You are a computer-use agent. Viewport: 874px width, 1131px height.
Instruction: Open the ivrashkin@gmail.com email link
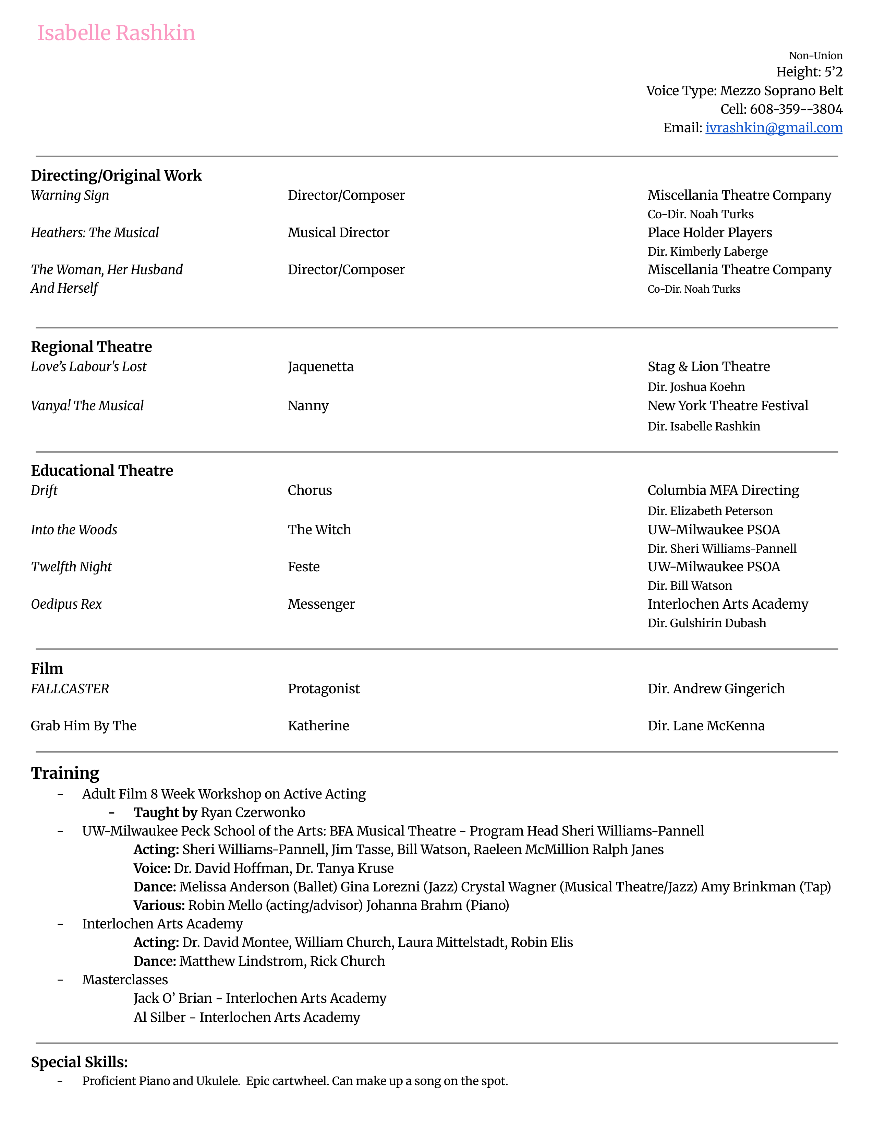tap(774, 128)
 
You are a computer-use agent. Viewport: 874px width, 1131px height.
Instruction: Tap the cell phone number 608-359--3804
tap(796, 109)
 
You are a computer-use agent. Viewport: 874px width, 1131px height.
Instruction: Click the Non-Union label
tap(815, 56)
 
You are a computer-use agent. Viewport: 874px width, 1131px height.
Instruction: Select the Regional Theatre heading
tap(91, 347)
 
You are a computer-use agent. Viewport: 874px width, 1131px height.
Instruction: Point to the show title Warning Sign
tap(70, 196)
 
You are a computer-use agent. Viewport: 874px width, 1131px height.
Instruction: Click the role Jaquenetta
tap(320, 367)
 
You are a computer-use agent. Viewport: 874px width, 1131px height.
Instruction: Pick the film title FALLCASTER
tap(70, 689)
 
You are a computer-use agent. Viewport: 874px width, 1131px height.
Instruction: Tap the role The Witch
tap(319, 530)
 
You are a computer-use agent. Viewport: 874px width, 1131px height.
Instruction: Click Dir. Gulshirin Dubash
tap(706, 623)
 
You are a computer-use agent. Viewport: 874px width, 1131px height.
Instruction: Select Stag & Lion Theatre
tap(708, 367)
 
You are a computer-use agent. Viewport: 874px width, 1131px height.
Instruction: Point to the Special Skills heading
tap(79, 1062)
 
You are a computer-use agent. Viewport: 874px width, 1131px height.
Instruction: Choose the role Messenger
tap(321, 604)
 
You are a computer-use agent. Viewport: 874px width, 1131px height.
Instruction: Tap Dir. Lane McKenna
tap(706, 726)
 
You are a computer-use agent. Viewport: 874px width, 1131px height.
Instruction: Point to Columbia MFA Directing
tap(723, 490)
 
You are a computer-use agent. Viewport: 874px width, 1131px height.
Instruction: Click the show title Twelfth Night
tap(71, 567)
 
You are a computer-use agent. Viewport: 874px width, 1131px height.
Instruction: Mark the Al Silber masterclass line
tap(246, 1018)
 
